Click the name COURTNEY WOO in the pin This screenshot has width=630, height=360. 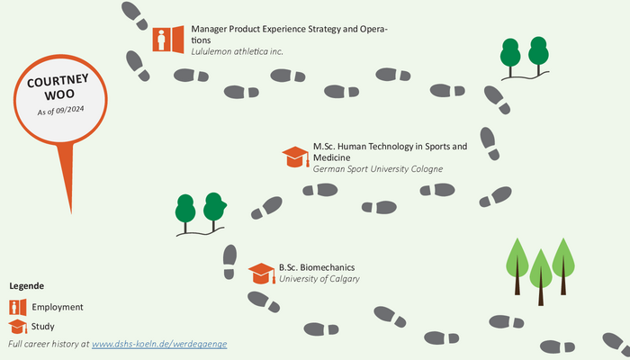tap(58, 87)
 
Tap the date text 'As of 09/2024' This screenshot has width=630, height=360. tap(60, 110)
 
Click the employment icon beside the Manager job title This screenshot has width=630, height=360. tap(168, 40)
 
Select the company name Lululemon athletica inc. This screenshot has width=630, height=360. tap(237, 51)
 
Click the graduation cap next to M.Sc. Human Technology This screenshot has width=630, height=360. tap(296, 157)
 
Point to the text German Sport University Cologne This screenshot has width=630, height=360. tap(378, 169)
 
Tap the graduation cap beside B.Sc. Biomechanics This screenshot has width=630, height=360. tap(262, 274)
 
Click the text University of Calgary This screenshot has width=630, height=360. tap(319, 278)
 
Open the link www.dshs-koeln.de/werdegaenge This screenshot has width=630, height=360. tap(159, 344)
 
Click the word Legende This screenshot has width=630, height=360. tap(26, 286)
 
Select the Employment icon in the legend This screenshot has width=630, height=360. tap(18, 308)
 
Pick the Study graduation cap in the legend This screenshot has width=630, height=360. tap(18, 327)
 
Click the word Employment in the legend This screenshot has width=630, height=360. tap(58, 307)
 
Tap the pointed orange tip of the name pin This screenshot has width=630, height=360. tap(71, 212)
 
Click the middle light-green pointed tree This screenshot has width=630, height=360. tap(540, 277)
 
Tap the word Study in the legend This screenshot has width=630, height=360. tap(42, 326)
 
